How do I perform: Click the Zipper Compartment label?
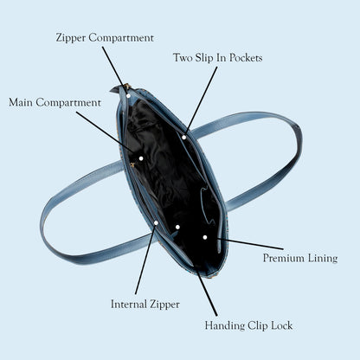105,38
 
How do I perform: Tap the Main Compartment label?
55,103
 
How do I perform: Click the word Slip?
204,58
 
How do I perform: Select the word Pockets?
246,58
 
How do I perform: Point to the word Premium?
284,258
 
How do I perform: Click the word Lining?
323,258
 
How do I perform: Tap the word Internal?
129,304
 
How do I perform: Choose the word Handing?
225,325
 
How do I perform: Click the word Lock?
282,325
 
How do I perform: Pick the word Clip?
258,326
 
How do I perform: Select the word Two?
183,58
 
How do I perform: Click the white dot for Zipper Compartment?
128,96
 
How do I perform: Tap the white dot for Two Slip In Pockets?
184,138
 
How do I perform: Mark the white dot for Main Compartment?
141,158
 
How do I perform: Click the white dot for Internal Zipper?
156,223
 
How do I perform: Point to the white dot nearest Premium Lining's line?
205,237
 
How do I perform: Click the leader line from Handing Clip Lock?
207,293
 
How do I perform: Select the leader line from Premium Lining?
250,244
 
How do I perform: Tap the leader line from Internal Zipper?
145,259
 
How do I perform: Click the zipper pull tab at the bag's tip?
115,89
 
